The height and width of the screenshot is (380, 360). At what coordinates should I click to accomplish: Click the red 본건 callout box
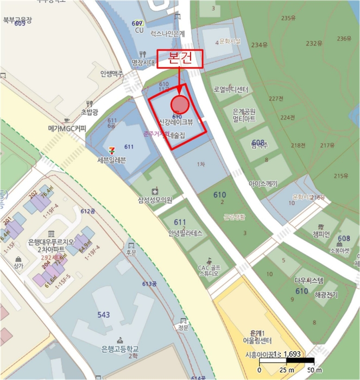pos(180,59)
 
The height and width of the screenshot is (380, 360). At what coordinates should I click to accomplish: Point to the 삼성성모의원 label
pos(155,200)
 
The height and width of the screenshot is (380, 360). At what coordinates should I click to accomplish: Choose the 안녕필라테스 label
pos(185,234)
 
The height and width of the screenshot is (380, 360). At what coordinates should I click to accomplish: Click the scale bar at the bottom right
pos(287,360)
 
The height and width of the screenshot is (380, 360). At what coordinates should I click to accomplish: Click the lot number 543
pos(104,315)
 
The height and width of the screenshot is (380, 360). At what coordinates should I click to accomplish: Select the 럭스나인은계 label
pos(167,33)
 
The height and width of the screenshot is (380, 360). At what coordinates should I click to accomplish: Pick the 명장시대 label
pos(143,62)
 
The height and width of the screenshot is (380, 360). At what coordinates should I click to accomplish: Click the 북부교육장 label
pos(17,20)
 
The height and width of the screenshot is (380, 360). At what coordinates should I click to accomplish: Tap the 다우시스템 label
pos(308,281)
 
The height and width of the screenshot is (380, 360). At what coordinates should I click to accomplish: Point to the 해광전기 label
pos(326,295)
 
